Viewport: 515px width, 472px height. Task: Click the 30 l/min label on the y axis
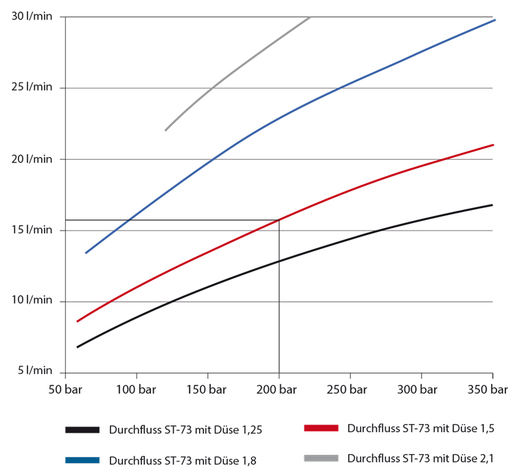click(x=32, y=16)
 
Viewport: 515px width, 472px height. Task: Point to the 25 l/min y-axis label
click(x=32, y=87)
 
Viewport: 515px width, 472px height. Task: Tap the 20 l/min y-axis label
click(x=32, y=158)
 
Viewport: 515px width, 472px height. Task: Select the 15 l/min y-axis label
click(x=32, y=230)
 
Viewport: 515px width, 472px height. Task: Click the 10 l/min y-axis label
click(x=32, y=301)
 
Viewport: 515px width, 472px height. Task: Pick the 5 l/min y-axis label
click(x=35, y=370)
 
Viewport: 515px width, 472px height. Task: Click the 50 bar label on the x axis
click(x=65, y=390)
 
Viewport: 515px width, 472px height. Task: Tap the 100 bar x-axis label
click(x=136, y=390)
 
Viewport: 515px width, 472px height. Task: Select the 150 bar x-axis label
click(x=207, y=390)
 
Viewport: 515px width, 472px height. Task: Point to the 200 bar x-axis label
click(x=279, y=390)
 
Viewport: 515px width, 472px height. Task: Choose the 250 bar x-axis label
click(x=350, y=390)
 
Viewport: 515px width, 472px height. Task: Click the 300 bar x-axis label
click(x=422, y=390)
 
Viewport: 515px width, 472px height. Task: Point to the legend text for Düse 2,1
click(x=420, y=457)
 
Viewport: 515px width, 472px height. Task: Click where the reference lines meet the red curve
click(x=279, y=220)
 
